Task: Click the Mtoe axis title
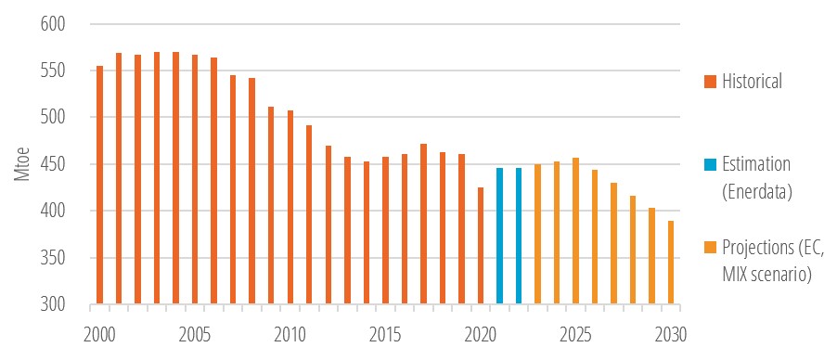[x=19, y=164]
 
